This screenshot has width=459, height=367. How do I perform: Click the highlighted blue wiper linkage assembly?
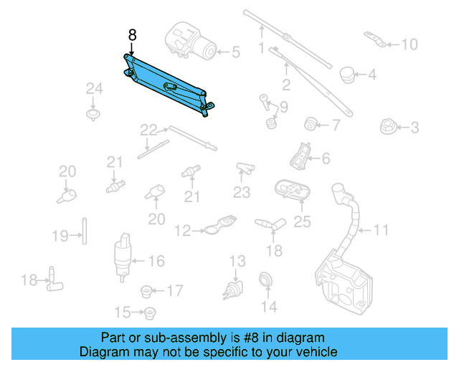(166, 80)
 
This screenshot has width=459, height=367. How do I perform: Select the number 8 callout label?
(131, 34)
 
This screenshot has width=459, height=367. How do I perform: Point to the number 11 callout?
(381, 230)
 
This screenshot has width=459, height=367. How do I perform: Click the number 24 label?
(95, 89)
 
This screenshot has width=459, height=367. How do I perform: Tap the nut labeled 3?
(389, 128)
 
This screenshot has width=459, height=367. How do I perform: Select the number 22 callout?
(148, 130)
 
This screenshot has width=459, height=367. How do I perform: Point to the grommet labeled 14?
(266, 280)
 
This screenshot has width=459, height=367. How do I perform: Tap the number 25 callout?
(303, 222)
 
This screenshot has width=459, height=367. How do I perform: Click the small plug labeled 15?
(150, 313)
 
